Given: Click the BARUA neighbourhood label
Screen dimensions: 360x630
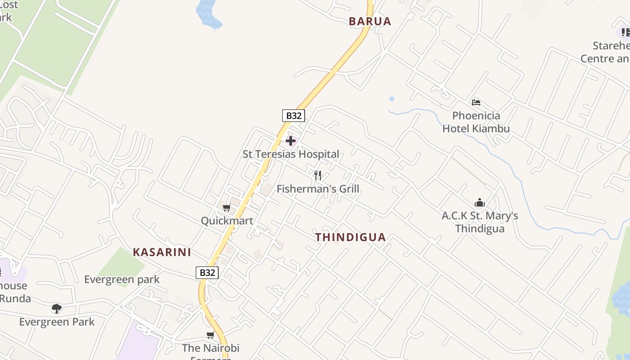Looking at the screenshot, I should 370,21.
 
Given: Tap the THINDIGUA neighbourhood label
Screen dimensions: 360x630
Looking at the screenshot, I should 351,237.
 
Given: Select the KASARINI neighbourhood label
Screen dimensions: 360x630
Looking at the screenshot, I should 162,252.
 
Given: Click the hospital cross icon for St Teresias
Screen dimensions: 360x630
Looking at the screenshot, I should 291,141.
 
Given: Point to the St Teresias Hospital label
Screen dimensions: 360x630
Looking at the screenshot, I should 291,154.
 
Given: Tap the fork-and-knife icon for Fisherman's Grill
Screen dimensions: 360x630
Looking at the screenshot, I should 318,175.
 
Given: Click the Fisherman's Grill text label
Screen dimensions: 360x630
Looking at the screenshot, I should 318,189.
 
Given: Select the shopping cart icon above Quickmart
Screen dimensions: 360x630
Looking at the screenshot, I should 227,207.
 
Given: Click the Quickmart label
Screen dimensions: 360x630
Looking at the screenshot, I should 227,221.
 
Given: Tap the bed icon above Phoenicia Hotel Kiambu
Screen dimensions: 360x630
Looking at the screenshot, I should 476,103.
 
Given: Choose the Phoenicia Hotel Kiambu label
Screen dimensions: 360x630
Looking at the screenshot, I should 476,122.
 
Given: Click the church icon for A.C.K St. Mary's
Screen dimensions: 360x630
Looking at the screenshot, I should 480,203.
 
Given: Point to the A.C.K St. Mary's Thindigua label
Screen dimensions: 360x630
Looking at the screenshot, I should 480,222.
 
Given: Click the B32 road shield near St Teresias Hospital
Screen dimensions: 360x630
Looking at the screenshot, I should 293,116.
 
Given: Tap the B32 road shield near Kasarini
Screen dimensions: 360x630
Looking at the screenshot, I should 207,272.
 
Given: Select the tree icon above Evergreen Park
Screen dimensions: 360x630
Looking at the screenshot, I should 57,309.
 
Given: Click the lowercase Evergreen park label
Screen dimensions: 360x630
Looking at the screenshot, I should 122,279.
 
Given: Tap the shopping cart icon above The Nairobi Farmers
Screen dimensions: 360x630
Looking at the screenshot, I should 210,335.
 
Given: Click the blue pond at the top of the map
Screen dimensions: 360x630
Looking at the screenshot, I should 208,13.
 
